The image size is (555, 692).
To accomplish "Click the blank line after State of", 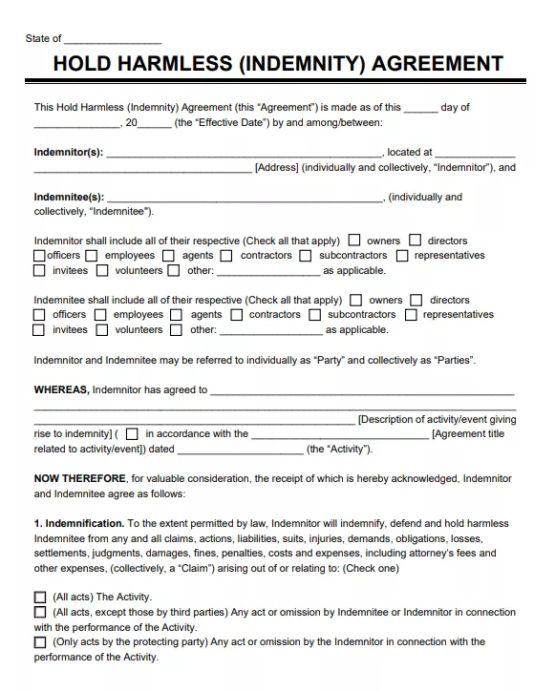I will [113, 40].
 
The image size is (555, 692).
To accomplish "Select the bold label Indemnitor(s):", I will [69, 152].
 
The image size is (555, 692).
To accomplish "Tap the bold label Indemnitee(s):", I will [69, 198].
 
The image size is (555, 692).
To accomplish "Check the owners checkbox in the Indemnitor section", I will [354, 241].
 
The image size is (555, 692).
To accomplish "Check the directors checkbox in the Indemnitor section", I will [416, 241].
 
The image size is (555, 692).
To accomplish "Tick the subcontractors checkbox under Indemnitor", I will [306, 256].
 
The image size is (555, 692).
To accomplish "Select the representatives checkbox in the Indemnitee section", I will [411, 315].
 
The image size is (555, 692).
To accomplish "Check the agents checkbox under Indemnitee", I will [177, 315].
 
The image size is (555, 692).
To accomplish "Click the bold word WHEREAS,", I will [62, 389].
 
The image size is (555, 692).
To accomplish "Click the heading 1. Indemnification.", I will [79, 523].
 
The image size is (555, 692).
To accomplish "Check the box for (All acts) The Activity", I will [40, 598].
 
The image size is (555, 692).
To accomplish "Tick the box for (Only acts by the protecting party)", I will [40, 642].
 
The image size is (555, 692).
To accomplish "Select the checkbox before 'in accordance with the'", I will [132, 434].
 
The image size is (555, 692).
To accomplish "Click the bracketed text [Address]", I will [277, 168].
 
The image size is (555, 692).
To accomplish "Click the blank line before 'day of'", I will [421, 109].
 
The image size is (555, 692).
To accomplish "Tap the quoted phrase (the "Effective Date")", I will [213, 122].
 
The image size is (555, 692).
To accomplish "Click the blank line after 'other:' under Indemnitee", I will [270, 330].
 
